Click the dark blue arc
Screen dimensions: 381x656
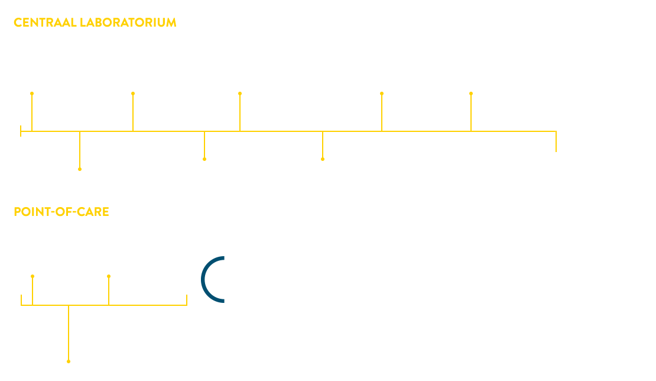pos(204,279)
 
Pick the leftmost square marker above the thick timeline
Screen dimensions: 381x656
pos(32,93)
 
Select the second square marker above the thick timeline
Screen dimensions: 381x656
pos(133,93)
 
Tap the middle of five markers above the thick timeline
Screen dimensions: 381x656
pos(240,93)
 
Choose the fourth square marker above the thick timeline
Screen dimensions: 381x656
pos(382,93)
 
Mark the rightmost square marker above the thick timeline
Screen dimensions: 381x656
pos(471,93)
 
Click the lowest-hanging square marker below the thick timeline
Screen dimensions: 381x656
pos(80,169)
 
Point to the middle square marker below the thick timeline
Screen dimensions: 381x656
pos(204,159)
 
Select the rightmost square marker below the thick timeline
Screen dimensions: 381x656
pos(323,159)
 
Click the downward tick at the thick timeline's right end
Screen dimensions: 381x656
pos(556,143)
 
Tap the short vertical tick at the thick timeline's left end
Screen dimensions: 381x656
pos(21,131)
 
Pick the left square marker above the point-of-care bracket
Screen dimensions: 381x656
pos(33,276)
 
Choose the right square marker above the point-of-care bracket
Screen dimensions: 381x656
pos(109,276)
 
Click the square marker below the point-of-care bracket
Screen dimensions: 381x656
pos(69,361)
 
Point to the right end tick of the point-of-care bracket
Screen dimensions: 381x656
pos(187,300)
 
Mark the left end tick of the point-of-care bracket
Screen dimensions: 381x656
pos(21,300)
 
